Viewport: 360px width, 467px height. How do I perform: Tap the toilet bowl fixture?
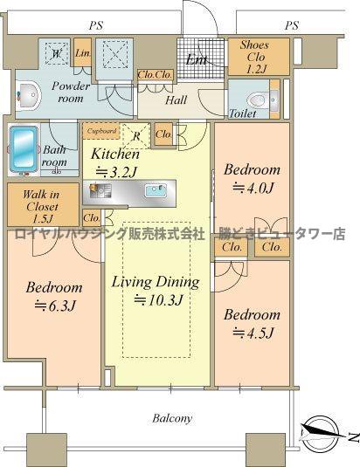[x=257, y=99]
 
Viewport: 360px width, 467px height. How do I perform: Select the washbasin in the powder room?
[x=27, y=94]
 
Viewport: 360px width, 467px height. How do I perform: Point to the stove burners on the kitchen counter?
[x=98, y=190]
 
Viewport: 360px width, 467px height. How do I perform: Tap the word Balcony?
[x=174, y=418]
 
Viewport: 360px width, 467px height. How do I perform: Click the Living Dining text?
[x=156, y=282]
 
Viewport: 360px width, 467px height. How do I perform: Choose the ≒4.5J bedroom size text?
[x=253, y=333]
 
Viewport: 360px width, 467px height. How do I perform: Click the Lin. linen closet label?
[x=82, y=53]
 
